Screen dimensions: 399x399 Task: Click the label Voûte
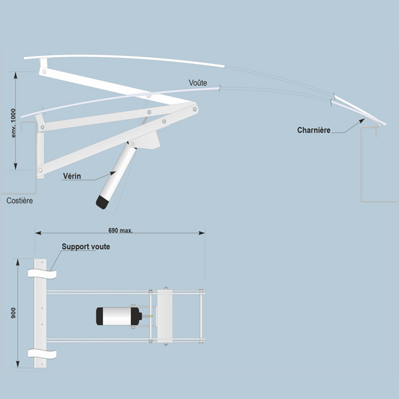(x=198, y=82)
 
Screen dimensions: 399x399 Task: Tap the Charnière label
(x=314, y=130)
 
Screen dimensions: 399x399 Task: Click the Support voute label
(x=86, y=247)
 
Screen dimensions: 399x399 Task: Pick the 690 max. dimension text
(x=120, y=230)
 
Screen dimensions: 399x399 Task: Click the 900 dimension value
(x=13, y=313)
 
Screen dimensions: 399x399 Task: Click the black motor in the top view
(x=117, y=317)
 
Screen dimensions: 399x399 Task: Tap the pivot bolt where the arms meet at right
(x=194, y=106)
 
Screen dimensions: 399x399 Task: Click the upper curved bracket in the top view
(x=41, y=273)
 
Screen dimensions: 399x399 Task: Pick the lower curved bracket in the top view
(x=41, y=353)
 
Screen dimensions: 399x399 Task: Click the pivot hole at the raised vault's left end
(x=43, y=69)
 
